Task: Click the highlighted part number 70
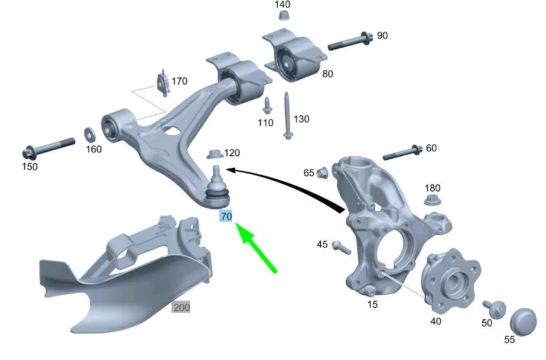click(226, 217)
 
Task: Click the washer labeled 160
click(91, 134)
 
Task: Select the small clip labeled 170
click(162, 85)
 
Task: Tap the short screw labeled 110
click(267, 105)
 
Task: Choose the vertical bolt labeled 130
click(286, 115)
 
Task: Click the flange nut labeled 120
click(215, 154)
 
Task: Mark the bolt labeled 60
click(403, 152)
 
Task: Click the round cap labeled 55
click(523, 321)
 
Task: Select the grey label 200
click(181, 307)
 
